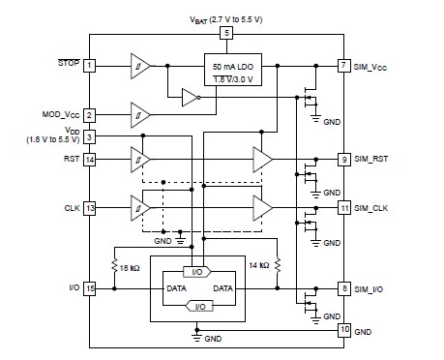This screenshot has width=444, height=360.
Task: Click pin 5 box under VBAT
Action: pyautogui.click(x=226, y=34)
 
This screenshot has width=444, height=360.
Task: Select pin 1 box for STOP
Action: pyautogui.click(x=89, y=66)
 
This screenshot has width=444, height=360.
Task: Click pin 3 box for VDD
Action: pyautogui.click(x=89, y=138)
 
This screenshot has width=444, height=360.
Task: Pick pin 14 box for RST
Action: pyautogui.click(x=89, y=159)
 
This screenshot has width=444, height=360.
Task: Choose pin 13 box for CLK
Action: pyautogui.click(x=89, y=206)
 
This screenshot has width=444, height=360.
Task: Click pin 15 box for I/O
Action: pyautogui.click(x=89, y=287)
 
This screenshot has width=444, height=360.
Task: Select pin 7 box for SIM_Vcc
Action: pyautogui.click(x=343, y=66)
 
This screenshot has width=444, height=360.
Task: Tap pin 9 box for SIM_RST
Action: pyautogui.click(x=343, y=159)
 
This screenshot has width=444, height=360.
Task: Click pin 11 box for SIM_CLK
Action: pyautogui.click(x=343, y=207)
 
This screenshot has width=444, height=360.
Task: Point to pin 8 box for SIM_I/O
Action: pyautogui.click(x=343, y=287)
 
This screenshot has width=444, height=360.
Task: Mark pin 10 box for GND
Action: pyautogui.click(x=343, y=329)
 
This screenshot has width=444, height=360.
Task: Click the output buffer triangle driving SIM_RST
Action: pyautogui.click(x=262, y=159)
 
